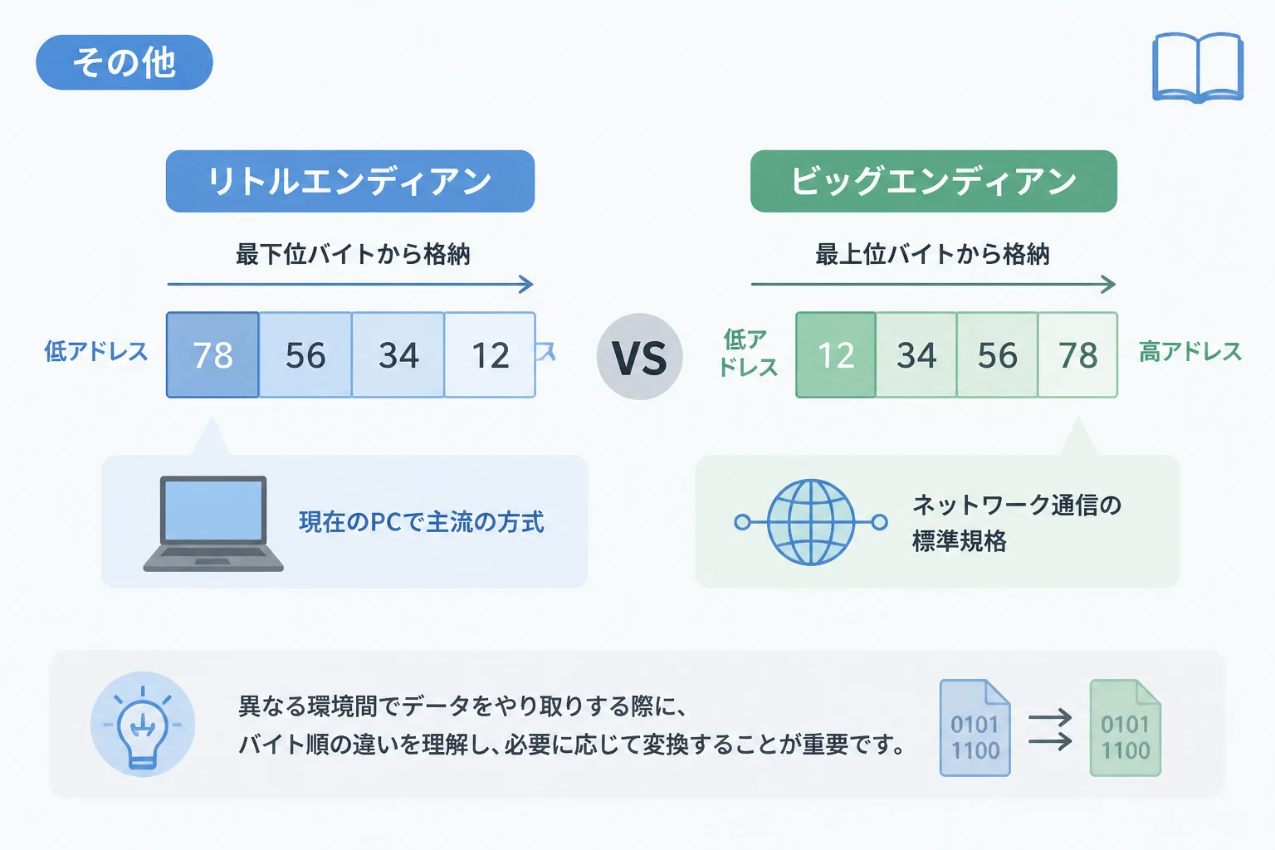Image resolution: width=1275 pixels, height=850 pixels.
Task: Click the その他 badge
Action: [x=124, y=62]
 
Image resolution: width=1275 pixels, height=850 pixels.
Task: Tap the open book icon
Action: [x=1198, y=68]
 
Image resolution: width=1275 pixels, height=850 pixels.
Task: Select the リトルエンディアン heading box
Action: [x=350, y=181]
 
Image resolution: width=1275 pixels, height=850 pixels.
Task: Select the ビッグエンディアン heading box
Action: [x=934, y=181]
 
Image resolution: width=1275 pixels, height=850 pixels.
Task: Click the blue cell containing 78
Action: [x=212, y=354]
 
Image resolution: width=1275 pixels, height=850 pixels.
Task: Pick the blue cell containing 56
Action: [x=305, y=354]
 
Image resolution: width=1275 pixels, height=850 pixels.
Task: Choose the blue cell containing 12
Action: [x=490, y=354]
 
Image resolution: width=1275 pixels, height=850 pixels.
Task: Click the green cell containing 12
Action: [x=836, y=354]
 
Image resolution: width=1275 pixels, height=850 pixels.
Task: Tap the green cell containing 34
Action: [x=916, y=354]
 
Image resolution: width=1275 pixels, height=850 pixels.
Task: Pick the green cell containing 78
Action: [x=1078, y=354]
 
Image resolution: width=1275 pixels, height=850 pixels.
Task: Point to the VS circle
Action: [x=640, y=356]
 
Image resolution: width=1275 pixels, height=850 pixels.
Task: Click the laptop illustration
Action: [x=213, y=523]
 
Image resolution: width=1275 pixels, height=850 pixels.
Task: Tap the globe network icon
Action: [x=811, y=522]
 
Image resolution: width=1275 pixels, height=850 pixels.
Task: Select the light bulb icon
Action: [x=143, y=724]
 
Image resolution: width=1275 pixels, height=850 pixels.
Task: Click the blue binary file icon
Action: [x=975, y=728]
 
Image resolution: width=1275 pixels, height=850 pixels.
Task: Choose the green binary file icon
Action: [x=1126, y=728]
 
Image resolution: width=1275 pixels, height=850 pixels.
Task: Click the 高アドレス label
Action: [x=1190, y=352]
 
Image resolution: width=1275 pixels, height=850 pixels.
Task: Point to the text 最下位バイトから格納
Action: [x=353, y=254]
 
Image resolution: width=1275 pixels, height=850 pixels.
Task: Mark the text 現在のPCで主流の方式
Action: [x=422, y=522]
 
